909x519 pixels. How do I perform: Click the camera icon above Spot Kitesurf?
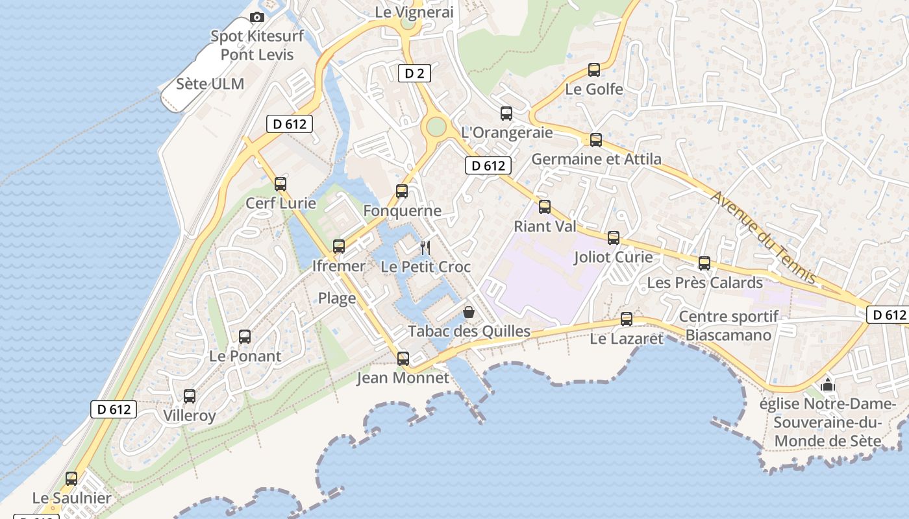click(257, 18)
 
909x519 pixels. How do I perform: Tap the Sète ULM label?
click(210, 84)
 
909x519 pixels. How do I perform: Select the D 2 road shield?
click(414, 73)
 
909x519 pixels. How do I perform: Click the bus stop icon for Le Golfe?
click(593, 70)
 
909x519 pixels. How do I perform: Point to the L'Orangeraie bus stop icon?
click(506, 114)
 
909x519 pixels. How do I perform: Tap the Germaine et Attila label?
click(596, 159)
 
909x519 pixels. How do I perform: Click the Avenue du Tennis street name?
click(764, 237)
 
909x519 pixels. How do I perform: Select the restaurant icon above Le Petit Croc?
click(425, 247)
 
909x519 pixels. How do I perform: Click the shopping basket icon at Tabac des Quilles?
click(469, 312)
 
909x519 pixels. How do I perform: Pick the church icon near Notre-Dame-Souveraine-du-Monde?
click(828, 385)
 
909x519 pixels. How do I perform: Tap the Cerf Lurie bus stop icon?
click(280, 184)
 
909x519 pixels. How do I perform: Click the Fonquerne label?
click(402, 211)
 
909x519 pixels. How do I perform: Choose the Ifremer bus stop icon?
click(339, 247)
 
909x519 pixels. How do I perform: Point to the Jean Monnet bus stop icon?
click(403, 359)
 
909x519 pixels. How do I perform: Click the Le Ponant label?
click(245, 356)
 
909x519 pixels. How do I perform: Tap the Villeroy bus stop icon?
click(190, 396)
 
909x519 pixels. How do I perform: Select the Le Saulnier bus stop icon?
click(71, 479)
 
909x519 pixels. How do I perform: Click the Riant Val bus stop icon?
click(545, 207)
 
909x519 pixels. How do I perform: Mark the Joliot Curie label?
click(613, 257)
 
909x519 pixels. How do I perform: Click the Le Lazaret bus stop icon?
click(627, 319)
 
